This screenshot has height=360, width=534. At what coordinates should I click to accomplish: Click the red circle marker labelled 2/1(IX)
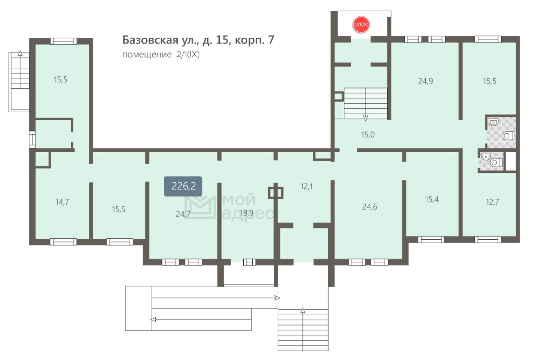point(361,25)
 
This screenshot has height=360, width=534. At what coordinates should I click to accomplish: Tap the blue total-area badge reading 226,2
point(183,186)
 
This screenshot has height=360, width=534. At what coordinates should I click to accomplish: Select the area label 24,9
point(425,81)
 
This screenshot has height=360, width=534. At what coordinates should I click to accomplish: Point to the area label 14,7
point(62,202)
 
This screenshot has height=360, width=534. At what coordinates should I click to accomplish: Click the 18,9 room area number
point(246,213)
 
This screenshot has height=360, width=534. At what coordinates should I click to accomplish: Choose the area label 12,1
point(306,186)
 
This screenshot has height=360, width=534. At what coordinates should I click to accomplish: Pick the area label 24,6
point(369,207)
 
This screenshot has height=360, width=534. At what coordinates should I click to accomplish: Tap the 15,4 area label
point(432,199)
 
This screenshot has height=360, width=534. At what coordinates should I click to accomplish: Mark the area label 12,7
point(492,202)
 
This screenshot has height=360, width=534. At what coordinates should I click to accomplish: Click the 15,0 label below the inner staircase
point(368,135)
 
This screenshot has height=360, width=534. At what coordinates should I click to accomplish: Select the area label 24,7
point(183,214)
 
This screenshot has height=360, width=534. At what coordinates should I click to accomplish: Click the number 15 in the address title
point(222,40)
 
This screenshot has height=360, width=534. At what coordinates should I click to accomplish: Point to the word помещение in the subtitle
point(147,55)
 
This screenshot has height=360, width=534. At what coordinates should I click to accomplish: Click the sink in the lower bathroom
point(485,157)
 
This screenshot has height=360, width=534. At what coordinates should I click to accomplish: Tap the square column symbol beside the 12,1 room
point(276,193)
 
